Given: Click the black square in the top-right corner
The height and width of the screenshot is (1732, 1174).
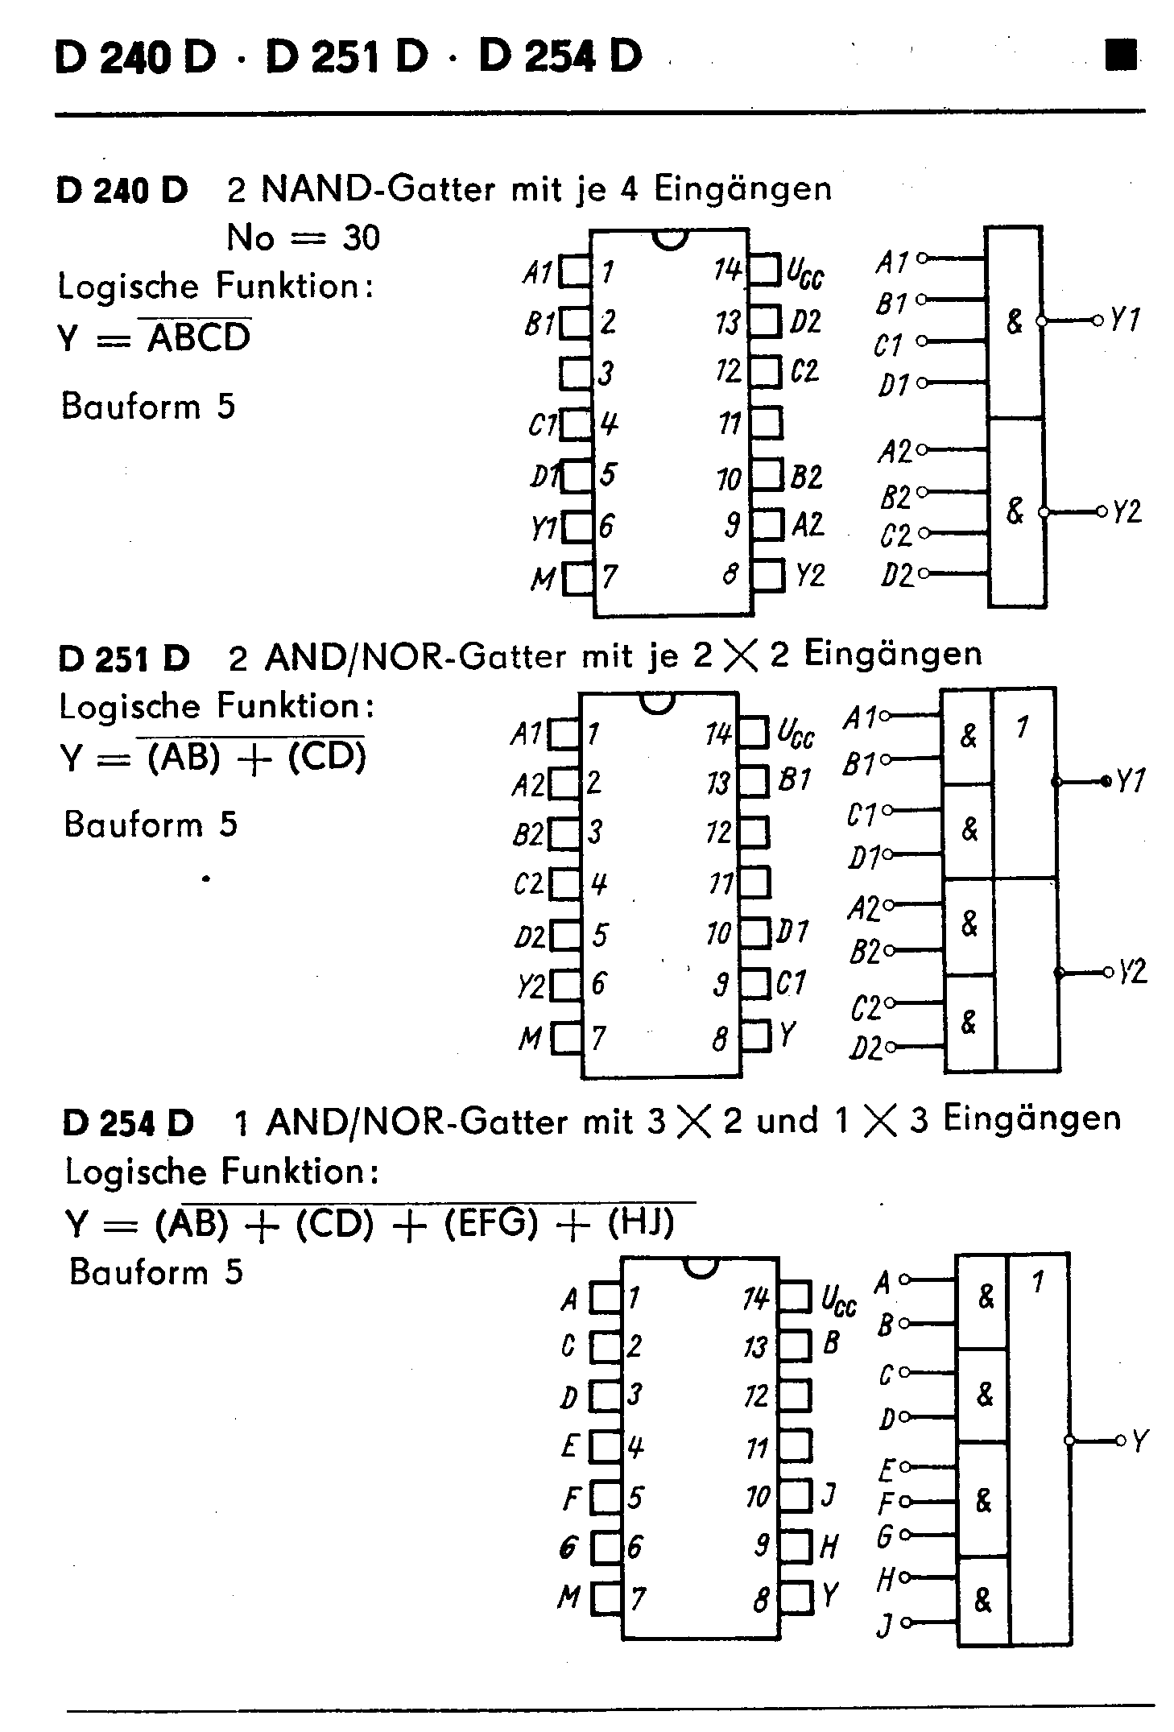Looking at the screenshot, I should pos(1121,56).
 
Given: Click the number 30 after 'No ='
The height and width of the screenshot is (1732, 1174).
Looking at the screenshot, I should pos(361,238).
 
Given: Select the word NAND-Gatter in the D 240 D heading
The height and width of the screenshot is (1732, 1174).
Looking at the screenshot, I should pos(378,189).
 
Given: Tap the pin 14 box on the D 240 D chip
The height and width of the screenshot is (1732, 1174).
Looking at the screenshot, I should pos(766,271).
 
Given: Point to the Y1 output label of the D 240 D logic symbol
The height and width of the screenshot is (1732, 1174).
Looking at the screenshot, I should pos(1125,320).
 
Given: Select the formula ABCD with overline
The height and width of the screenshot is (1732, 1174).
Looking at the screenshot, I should pos(199,337).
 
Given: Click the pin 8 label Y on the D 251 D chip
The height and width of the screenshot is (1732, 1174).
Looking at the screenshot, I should pos(787,1034).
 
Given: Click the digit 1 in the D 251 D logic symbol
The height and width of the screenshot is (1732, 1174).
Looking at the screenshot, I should pos(1022,728).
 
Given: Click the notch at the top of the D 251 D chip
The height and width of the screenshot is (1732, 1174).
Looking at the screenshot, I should pos(656,702).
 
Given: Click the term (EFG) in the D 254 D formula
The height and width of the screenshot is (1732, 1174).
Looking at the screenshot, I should pos(490,1223).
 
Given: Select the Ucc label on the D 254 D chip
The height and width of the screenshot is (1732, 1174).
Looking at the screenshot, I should pos(838,1300).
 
